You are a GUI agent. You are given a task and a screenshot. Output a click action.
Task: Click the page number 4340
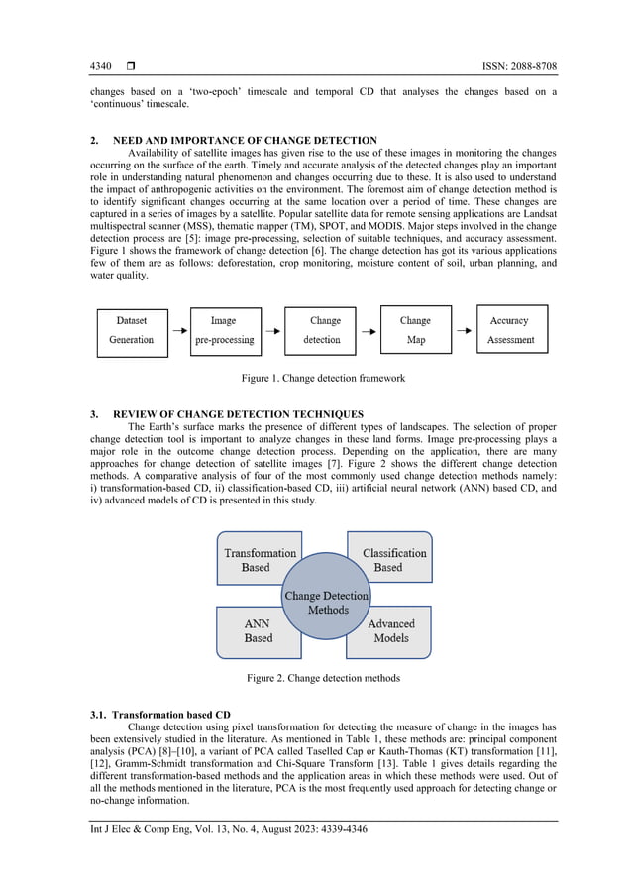tap(100, 67)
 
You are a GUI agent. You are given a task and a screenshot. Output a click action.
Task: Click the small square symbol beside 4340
tap(131, 67)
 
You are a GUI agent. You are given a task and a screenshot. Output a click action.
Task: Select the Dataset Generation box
tap(131, 330)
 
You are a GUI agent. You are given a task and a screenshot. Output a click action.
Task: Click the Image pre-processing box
tap(224, 330)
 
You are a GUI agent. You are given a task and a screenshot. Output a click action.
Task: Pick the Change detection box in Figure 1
tap(320, 330)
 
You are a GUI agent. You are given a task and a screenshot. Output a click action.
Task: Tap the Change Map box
tap(414, 330)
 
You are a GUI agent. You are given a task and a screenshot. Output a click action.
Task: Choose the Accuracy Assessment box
tap(510, 330)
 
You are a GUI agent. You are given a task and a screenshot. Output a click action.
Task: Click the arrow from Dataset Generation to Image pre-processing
tap(177, 330)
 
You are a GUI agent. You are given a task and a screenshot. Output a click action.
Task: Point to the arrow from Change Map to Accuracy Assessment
tap(463, 330)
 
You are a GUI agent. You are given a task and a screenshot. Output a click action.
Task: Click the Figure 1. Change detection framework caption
tap(323, 379)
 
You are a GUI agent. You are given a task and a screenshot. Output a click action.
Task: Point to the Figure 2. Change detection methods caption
tap(323, 679)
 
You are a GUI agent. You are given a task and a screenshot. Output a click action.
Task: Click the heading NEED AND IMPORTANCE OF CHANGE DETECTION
tap(245, 140)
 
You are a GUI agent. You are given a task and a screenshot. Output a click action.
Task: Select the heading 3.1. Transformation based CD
tap(160, 714)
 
